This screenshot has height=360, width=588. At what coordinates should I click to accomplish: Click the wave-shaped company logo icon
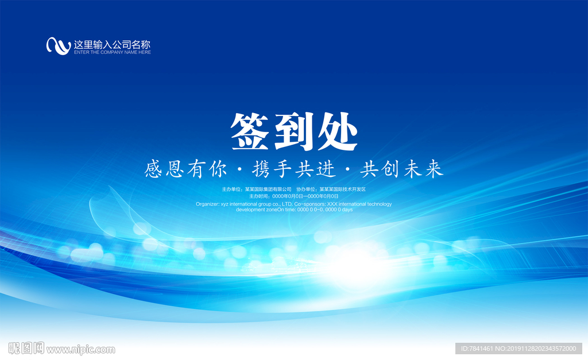click(58, 45)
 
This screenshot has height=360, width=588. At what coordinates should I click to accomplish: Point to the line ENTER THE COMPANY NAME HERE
click(113, 52)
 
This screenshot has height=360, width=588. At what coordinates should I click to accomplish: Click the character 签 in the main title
click(251, 132)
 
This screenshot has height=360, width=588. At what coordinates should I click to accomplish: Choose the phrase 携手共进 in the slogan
click(293, 169)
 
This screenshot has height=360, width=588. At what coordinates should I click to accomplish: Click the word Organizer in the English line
click(207, 204)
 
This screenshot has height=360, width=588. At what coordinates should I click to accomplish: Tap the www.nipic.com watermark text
click(80, 349)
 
